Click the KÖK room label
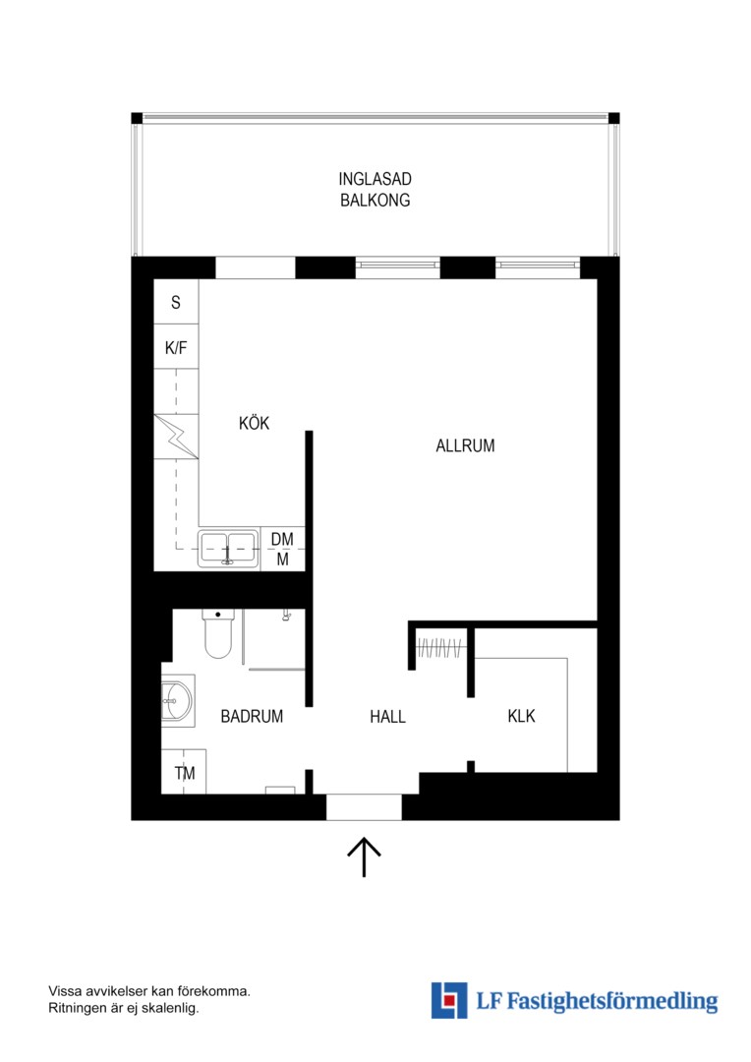point(254,423)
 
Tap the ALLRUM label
point(465,445)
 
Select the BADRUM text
point(252,716)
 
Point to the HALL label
point(387,717)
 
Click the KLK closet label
point(521,716)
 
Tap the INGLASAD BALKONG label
point(375,190)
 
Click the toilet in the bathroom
point(218,633)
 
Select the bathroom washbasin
point(177,700)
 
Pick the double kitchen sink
point(229,548)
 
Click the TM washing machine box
point(184,772)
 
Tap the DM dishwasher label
point(282,539)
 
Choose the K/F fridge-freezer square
point(176,347)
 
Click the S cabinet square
point(176,302)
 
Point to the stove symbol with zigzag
point(176,437)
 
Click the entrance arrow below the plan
point(365,856)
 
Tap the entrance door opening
point(365,806)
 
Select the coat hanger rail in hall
point(440,649)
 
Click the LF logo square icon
point(449,1000)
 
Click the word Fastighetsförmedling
point(612,1001)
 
